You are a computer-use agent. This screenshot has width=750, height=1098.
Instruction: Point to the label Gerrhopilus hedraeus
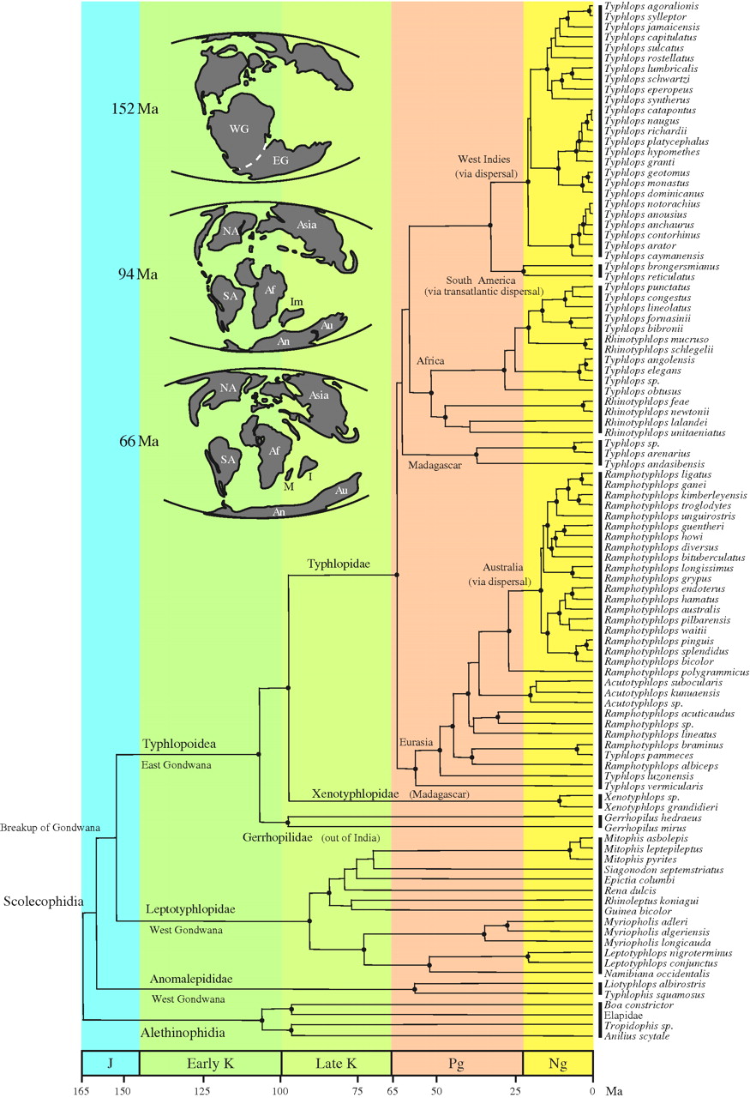tap(641, 818)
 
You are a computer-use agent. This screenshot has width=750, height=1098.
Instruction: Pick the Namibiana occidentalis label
tap(648, 974)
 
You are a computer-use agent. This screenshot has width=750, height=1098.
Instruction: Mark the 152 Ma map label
tap(135, 109)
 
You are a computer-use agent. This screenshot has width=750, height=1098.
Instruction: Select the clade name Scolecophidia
tap(41, 902)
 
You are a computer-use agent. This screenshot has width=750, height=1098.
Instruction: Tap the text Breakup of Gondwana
tap(50, 828)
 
